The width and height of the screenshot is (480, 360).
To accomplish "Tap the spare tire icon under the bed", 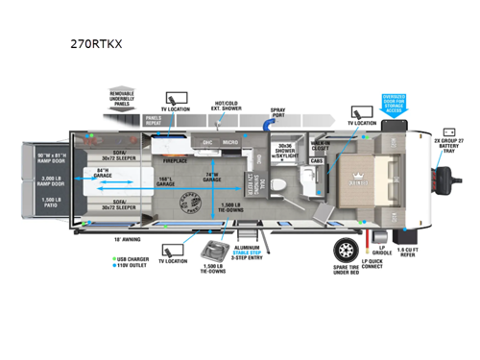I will pyautogui.click(x=346, y=249).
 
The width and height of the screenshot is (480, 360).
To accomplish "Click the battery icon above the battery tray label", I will pyautogui.click(x=448, y=133).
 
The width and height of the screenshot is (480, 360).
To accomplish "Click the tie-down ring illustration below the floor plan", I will pyautogui.click(x=211, y=252).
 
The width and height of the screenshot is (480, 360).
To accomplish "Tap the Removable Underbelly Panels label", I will pyautogui.click(x=131, y=100).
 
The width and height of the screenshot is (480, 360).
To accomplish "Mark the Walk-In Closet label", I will pyautogui.click(x=321, y=145).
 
